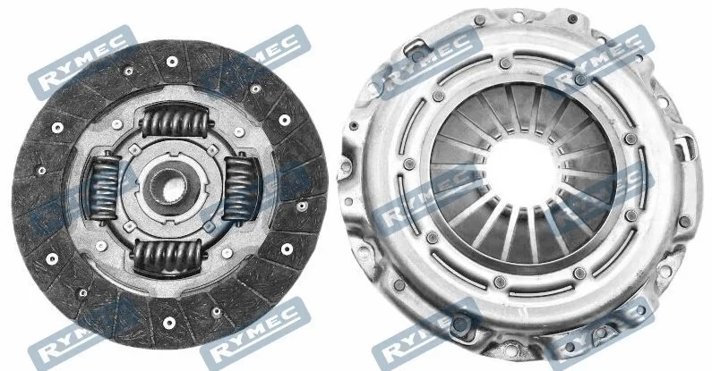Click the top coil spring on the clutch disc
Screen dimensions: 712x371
[x=176, y=122]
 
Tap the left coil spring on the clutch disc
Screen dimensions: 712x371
[x=105, y=188]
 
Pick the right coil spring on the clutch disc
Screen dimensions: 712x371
[x=240, y=189]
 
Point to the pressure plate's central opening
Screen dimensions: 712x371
[x=521, y=173]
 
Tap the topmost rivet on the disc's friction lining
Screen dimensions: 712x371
[x=172, y=62]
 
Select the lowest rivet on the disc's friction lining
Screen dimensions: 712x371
[x=169, y=323]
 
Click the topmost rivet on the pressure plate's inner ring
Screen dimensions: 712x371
[x=505, y=63]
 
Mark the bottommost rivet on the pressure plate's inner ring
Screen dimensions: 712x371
[x=500, y=282]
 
